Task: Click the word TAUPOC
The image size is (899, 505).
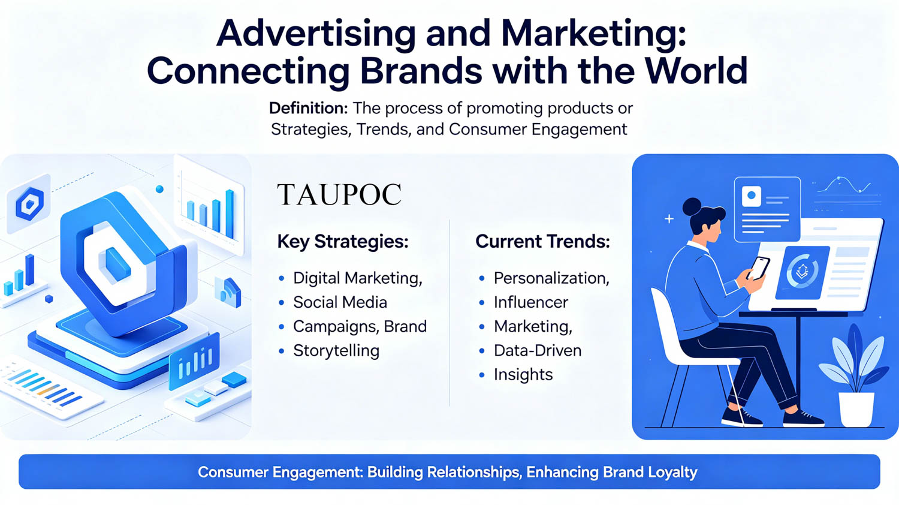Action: (x=339, y=194)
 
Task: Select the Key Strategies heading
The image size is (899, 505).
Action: (x=343, y=242)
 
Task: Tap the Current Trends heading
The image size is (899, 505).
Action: (x=542, y=242)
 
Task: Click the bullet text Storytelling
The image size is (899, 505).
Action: (x=336, y=351)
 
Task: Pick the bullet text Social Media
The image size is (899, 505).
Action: (x=340, y=302)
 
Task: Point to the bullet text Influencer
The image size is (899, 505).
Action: (x=531, y=302)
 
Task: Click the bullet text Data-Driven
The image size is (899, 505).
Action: (x=538, y=350)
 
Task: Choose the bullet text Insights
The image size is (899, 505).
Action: (x=523, y=374)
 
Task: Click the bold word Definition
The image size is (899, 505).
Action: (x=308, y=108)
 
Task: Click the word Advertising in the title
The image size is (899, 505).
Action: (x=316, y=34)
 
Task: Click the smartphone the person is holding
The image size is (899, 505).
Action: (x=758, y=268)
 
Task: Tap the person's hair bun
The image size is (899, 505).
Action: (x=692, y=207)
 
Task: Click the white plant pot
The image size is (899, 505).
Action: (x=856, y=410)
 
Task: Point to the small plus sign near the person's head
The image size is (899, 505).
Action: (x=669, y=219)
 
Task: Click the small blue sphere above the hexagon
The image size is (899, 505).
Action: (x=159, y=189)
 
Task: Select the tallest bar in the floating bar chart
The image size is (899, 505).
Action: (x=230, y=214)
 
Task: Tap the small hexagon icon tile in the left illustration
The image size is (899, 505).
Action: (x=29, y=204)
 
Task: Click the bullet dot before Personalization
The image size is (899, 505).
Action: (x=482, y=278)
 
